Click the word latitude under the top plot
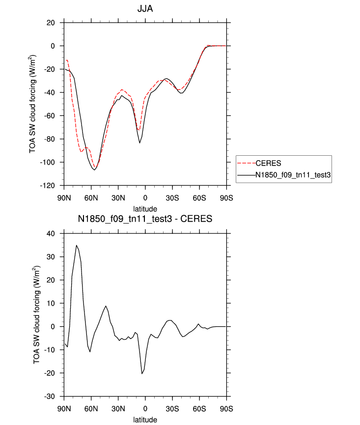(x=145, y=208)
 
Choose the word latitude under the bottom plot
(x=145, y=419)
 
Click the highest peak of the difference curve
(x=76, y=245)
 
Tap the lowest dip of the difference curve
(x=142, y=373)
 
